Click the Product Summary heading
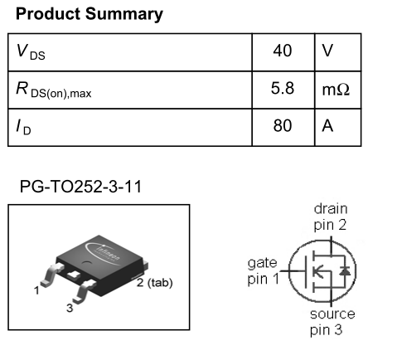[90, 14]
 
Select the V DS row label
[31, 51]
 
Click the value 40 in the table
[283, 51]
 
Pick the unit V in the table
[327, 51]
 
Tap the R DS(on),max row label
[54, 90]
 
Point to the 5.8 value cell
[283, 88]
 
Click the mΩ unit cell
[336, 90]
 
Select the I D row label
[23, 127]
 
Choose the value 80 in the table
[283, 125]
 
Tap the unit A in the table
[327, 126]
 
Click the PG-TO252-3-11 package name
[80, 187]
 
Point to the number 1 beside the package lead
[36, 290]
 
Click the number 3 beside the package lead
[70, 308]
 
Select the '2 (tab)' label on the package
[155, 283]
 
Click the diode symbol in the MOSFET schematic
[345, 270]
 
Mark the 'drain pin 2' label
[331, 217]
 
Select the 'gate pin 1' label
[264, 271]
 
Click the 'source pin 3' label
[332, 322]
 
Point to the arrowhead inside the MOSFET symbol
[318, 271]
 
